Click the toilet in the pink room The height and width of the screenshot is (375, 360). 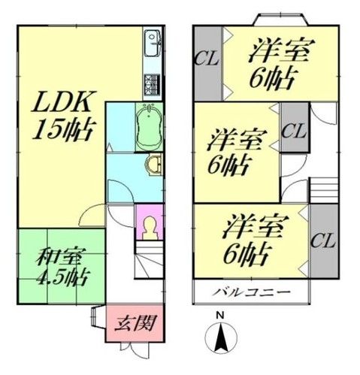pos(150,225)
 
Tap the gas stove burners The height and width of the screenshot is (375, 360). pos(153,83)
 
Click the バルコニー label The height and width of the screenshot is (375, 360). pos(251,292)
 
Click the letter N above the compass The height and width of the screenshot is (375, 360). pos(219,315)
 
